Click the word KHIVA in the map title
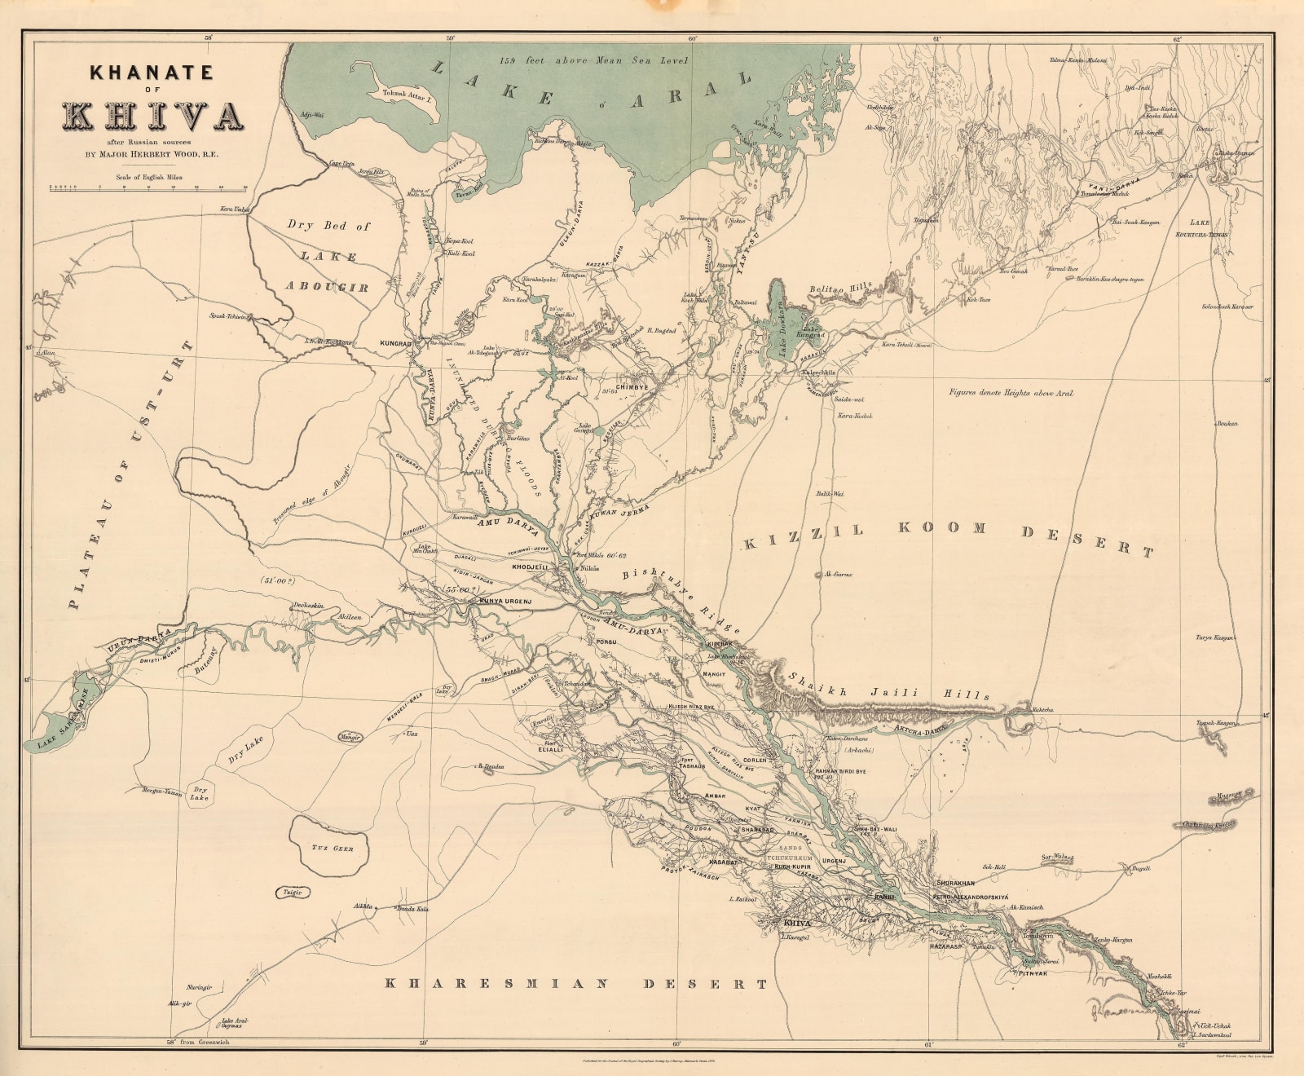(x=152, y=117)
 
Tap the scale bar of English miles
(x=148, y=188)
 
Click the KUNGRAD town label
(x=395, y=344)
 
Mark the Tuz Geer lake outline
(x=331, y=847)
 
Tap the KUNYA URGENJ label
(x=505, y=602)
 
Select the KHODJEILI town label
(x=529, y=566)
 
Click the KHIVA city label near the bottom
(x=796, y=924)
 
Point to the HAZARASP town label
(x=946, y=947)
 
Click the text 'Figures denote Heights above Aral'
(x=1011, y=394)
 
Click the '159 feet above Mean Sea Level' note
(x=595, y=60)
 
